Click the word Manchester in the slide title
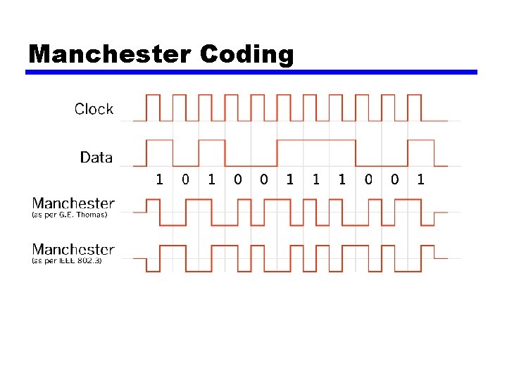point(109,54)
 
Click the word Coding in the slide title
point(246,54)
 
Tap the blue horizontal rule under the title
point(251,72)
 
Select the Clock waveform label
point(94,109)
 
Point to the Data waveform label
point(96,157)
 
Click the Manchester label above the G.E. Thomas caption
point(73,204)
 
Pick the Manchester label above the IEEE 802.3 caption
point(73,249)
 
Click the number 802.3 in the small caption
point(89,260)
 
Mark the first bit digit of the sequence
point(159,179)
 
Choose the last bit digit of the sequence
point(420,179)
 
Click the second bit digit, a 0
point(185,179)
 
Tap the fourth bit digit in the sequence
point(237,179)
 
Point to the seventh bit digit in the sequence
point(315,179)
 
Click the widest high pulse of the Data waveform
point(316,140)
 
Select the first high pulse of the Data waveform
point(159,140)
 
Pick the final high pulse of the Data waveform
point(421,140)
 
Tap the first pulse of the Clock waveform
point(153,95)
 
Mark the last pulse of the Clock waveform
point(414,95)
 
